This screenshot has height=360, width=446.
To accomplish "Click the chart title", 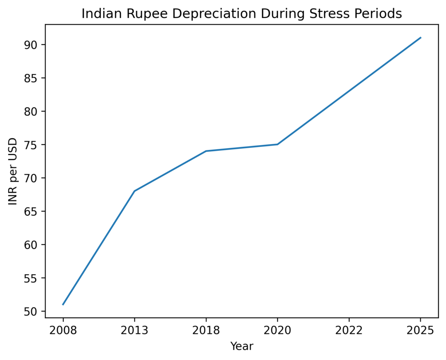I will tap(242, 14).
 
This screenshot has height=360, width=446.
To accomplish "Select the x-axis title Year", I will tap(242, 346).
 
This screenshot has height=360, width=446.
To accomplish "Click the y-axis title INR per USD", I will tap(14, 171).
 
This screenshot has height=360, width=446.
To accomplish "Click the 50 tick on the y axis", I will tap(34, 312).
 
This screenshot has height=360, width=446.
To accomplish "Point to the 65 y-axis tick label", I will tap(34, 211).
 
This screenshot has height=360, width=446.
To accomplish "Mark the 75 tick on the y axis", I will tap(34, 145).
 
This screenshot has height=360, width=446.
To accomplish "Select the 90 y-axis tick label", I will tap(34, 45).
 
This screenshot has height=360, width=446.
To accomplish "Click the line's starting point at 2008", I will tap(63, 305).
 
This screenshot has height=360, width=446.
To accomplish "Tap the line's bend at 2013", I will tap(135, 191).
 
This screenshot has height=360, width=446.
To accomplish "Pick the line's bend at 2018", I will tap(206, 151).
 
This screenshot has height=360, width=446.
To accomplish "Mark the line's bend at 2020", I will tap(277, 144).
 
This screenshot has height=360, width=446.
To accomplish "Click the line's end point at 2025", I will tap(420, 37).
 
